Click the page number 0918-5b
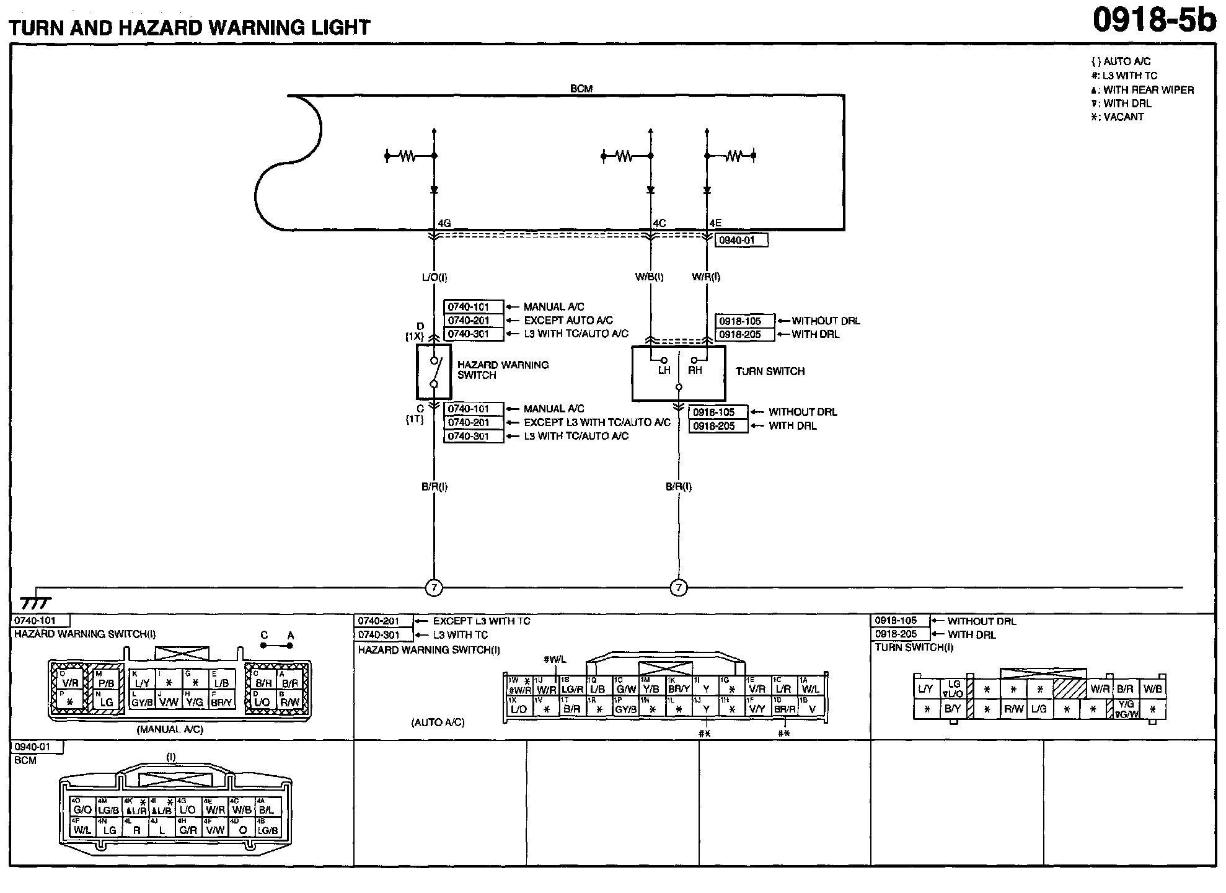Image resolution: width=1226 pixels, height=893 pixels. (1153, 20)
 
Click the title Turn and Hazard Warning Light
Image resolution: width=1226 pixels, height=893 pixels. (190, 27)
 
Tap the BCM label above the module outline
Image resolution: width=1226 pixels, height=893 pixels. (581, 89)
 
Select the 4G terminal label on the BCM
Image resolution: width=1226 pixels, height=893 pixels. (444, 223)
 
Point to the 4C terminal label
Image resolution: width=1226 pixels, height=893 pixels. (659, 223)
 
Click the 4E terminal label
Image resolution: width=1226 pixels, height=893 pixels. (715, 223)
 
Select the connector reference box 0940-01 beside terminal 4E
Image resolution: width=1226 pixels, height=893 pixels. (741, 240)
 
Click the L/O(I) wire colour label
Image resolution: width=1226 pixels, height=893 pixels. (434, 277)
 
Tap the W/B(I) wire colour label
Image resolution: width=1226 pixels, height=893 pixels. (649, 277)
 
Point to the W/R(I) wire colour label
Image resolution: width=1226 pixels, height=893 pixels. (706, 277)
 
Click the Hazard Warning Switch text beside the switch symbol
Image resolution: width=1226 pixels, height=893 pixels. (503, 370)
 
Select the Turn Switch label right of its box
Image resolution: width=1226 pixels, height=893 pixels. (770, 371)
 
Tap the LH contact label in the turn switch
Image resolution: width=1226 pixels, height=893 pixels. (664, 370)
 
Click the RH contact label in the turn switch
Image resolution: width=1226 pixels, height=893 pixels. (695, 370)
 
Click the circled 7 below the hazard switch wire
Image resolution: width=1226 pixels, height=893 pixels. (434, 587)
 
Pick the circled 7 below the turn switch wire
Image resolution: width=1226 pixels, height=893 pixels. (679, 587)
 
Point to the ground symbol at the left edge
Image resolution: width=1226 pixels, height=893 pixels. (35, 602)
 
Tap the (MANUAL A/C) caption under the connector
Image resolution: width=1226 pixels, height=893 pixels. (170, 729)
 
